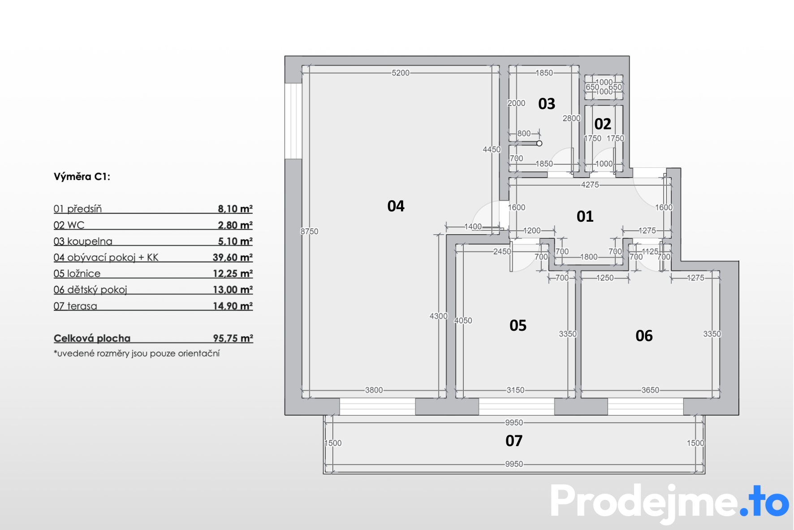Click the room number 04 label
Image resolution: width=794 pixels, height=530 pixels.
tap(396, 206)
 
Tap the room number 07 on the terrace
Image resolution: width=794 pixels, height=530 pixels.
tap(514, 441)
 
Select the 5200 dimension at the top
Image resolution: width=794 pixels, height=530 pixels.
tap(401, 73)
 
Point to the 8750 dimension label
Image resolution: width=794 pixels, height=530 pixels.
tap(309, 232)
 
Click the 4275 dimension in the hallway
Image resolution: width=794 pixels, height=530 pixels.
tap(590, 184)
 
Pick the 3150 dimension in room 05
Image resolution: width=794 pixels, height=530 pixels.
tap(515, 390)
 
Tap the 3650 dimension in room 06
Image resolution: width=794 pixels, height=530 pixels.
tap(650, 390)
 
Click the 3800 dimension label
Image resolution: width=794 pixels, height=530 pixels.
tap(374, 390)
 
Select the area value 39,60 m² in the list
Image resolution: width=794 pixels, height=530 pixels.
tap(233, 257)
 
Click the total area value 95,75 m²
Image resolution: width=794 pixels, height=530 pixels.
tap(233, 338)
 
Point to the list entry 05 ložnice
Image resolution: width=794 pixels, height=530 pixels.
tap(77, 273)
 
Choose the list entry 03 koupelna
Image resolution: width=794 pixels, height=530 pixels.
tap(83, 241)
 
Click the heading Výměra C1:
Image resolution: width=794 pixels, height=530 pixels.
tap(82, 176)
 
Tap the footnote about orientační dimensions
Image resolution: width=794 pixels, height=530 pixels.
tap(137, 353)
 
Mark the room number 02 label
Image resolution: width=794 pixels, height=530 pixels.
tap(603, 124)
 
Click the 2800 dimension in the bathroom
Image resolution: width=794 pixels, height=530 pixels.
tap(571, 118)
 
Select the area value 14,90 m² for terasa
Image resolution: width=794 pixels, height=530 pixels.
tap(233, 306)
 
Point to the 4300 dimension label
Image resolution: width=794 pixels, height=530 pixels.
tap(439, 316)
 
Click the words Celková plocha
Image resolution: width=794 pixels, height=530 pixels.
tap(92, 338)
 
